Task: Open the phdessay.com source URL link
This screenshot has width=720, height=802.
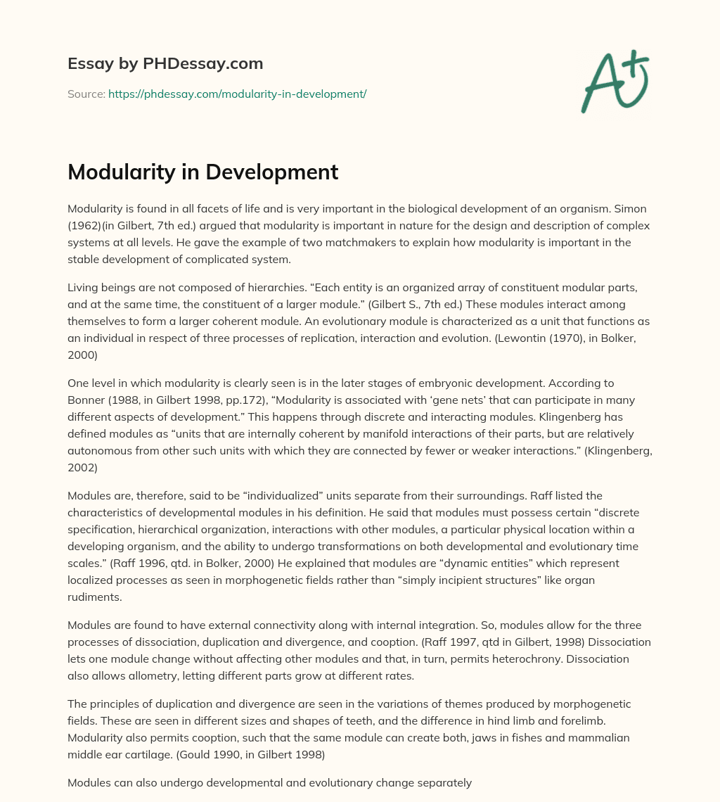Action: coord(237,94)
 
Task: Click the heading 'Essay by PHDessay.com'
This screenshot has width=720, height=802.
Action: coord(165,64)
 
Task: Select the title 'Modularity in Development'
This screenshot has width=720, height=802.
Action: coord(202,172)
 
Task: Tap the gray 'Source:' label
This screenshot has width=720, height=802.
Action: coord(86,94)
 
